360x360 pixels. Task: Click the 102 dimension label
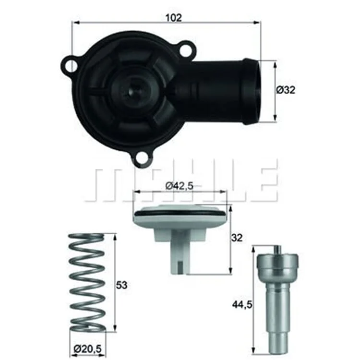click(x=174, y=18)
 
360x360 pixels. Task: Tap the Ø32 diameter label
click(x=286, y=90)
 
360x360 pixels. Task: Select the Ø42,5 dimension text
click(x=180, y=186)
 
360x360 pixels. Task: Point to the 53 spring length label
click(x=121, y=285)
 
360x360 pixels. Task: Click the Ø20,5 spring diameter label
click(x=87, y=349)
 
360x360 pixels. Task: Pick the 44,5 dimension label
click(x=242, y=305)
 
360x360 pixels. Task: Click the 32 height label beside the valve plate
click(x=237, y=238)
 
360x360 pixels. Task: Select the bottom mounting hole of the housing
click(x=143, y=158)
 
